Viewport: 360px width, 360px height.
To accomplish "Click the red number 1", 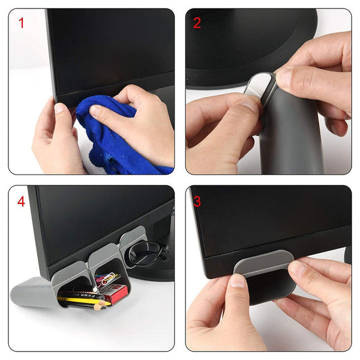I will coord(22,23).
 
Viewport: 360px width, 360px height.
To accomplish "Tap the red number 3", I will coord(197,200).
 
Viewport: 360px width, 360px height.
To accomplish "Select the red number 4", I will coord(22,201).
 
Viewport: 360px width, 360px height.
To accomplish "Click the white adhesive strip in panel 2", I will coord(261,84).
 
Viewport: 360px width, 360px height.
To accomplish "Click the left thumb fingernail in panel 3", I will coord(238,281).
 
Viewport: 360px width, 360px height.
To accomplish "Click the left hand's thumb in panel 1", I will coord(64,114).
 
